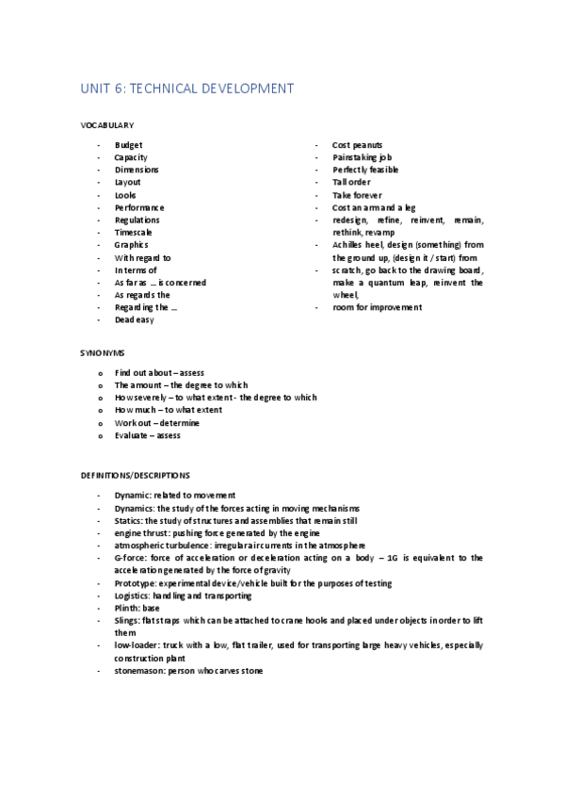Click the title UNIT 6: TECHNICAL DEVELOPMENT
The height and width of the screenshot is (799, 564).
click(x=186, y=89)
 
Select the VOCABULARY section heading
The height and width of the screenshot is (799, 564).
click(x=106, y=124)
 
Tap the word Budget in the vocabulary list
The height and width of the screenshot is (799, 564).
click(x=128, y=145)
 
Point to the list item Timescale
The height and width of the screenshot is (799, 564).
click(x=134, y=232)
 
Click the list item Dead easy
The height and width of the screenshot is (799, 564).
click(x=134, y=319)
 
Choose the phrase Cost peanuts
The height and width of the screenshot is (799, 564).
click(x=357, y=145)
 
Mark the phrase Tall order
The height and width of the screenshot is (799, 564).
click(x=351, y=182)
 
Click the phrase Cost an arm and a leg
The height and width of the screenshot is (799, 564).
click(x=374, y=207)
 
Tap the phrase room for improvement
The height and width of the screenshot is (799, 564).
click(x=377, y=307)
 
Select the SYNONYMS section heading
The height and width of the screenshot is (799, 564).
click(x=103, y=351)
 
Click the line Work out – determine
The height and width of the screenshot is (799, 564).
click(x=155, y=423)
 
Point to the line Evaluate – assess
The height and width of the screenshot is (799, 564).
click(x=147, y=435)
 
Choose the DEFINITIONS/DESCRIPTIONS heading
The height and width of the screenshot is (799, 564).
click(x=135, y=475)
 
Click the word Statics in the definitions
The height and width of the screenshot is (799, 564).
click(x=128, y=520)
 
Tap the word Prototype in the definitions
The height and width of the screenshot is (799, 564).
click(x=135, y=583)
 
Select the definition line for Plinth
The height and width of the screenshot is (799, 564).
click(x=137, y=608)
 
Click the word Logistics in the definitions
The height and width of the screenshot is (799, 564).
click(x=133, y=595)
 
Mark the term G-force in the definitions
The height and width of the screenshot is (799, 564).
click(x=131, y=558)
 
